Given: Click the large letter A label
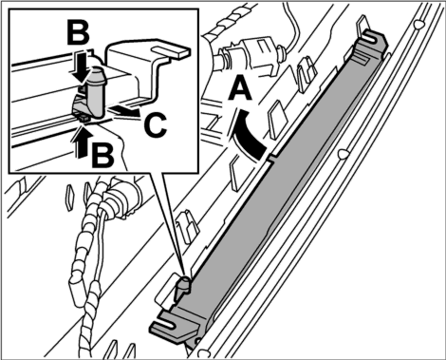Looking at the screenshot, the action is pyautogui.click(x=240, y=89).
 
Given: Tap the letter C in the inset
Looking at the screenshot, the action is pyautogui.click(x=155, y=125).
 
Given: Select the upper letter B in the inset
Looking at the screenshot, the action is pyautogui.click(x=78, y=33).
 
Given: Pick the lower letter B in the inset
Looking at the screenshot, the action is pyautogui.click(x=102, y=155).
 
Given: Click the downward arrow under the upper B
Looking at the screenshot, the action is pyautogui.click(x=78, y=66).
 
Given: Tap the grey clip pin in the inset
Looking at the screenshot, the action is pyautogui.click(x=95, y=93).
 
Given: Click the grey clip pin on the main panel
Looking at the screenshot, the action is pyautogui.click(x=183, y=288).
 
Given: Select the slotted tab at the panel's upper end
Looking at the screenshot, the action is pyautogui.click(x=373, y=40).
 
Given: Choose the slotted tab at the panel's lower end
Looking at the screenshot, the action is pyautogui.click(x=173, y=327).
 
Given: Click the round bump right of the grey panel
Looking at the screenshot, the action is pyautogui.click(x=343, y=154).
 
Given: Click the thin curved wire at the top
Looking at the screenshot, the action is pyautogui.click(x=295, y=26).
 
